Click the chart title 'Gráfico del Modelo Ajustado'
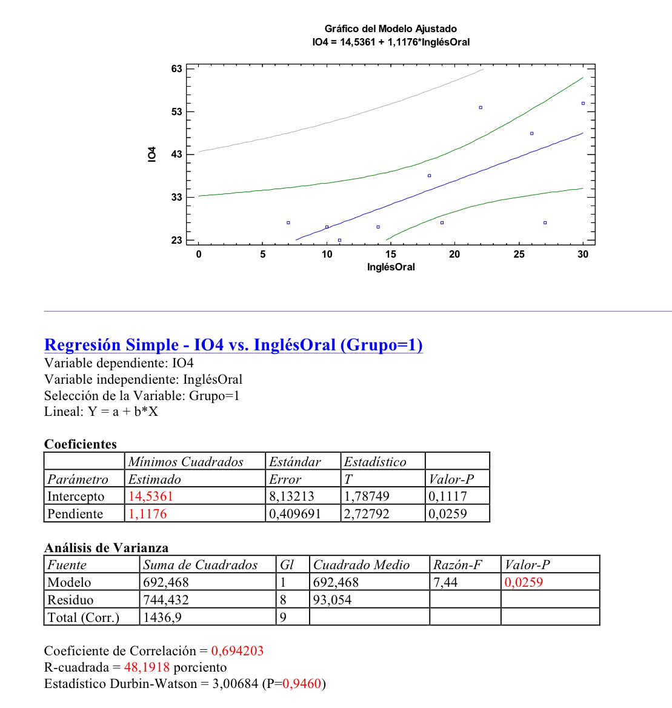point(390,28)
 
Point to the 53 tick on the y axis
point(176,112)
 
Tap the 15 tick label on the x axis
point(390,255)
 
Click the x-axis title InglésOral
point(391,267)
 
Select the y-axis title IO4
point(152,155)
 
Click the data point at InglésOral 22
point(481,107)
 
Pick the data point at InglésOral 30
point(583,103)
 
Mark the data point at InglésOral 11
point(339,240)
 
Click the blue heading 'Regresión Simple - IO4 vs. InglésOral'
point(233,345)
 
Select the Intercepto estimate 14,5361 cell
point(150,496)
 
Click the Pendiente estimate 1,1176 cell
point(147,514)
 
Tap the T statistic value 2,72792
point(367,514)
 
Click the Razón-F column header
point(457,565)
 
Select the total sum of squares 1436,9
point(162,618)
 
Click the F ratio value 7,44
point(445,583)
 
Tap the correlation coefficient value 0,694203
point(237,651)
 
